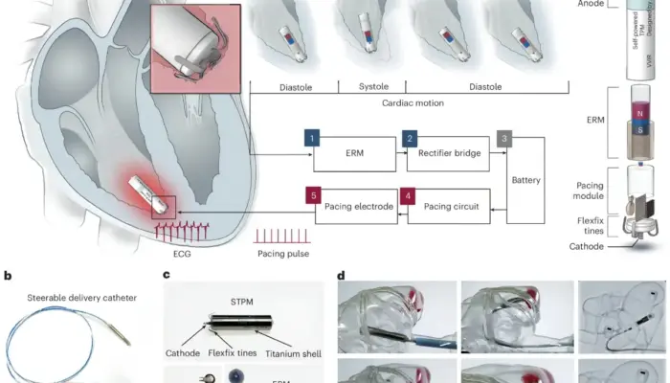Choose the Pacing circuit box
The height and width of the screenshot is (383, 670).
tap(450, 206)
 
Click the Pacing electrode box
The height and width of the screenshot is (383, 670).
tap(353, 206)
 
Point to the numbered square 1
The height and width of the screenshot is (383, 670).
tap(311, 138)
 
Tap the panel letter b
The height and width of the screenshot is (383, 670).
tap(8, 276)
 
